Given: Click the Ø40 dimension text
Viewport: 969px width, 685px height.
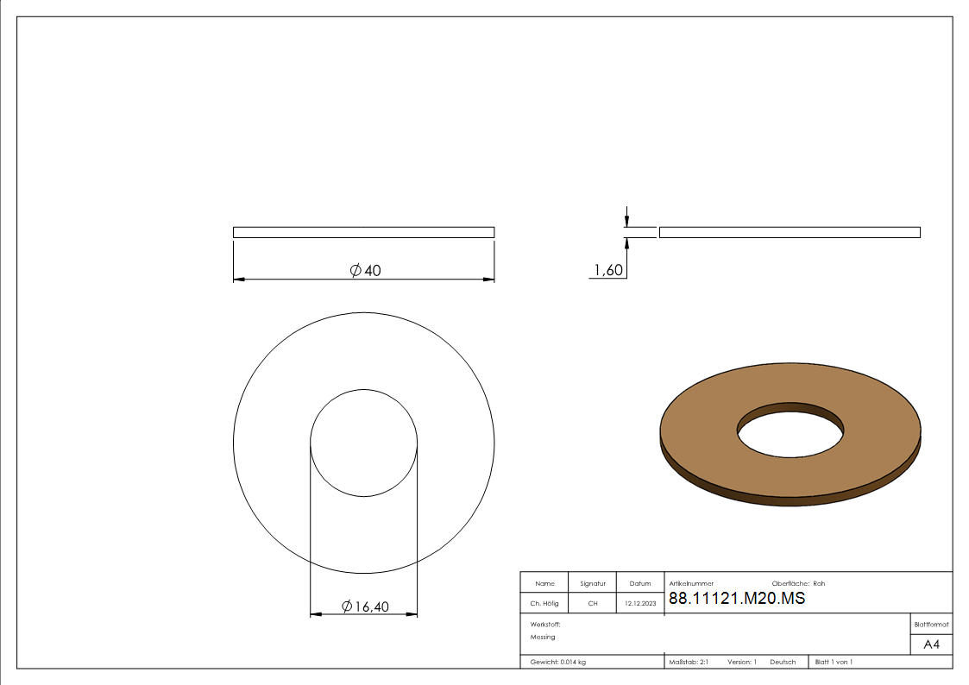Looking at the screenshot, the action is tap(365, 271).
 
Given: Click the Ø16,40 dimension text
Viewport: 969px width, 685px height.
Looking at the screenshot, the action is tap(365, 606).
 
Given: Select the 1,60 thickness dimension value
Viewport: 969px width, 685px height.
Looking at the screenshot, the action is tap(608, 270).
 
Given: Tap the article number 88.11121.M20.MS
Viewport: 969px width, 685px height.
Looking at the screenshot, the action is tap(737, 598).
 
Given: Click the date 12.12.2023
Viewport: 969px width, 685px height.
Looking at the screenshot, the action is tap(640, 603).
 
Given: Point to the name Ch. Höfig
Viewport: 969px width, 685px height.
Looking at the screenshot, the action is tap(544, 603).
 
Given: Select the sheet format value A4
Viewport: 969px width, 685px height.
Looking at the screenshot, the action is tap(931, 644).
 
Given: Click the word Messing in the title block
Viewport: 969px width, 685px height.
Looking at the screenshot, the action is tap(543, 637).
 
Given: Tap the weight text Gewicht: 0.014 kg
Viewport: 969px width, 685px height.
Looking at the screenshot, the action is tap(558, 663).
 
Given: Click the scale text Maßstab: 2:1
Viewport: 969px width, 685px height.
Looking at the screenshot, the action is tap(689, 663).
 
